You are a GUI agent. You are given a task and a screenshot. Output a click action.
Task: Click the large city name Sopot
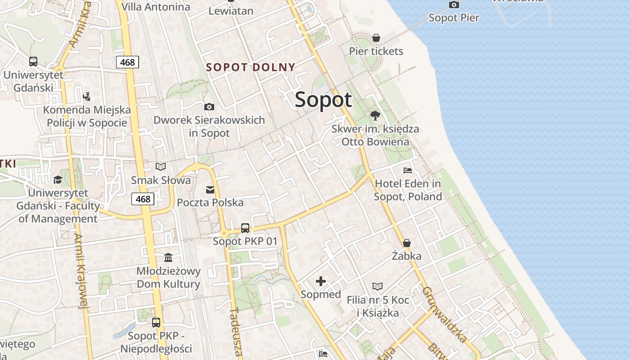point(323,99)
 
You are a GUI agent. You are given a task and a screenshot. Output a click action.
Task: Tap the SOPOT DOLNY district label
point(251,67)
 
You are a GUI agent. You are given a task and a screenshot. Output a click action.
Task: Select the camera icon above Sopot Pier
point(454,5)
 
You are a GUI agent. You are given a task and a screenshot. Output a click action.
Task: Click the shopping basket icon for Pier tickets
point(376,38)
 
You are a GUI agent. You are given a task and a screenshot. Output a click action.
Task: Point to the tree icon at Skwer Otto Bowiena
point(375,115)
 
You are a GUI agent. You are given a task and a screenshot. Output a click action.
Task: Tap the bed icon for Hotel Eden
point(408,171)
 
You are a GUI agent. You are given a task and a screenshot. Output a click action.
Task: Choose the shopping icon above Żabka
point(407,243)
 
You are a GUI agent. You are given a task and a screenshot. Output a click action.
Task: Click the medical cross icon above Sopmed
point(321,282)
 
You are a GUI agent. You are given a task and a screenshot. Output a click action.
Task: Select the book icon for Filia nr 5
point(378,286)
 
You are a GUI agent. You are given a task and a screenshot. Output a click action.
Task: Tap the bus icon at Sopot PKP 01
point(245,228)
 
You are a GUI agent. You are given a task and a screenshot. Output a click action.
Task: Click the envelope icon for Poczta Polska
point(210,189)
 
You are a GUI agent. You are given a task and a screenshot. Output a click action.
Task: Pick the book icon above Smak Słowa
point(161,167)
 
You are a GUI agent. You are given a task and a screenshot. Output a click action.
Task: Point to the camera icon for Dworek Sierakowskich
point(209,107)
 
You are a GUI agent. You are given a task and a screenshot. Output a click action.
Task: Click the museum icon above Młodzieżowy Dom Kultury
point(168,258)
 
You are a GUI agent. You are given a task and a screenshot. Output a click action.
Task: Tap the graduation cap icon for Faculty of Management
point(58,180)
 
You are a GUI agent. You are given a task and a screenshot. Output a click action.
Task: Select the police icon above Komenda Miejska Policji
point(87,96)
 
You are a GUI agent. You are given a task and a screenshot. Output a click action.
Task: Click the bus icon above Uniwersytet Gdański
point(33,62)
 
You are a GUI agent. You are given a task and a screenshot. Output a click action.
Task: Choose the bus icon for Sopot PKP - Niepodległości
point(156,323)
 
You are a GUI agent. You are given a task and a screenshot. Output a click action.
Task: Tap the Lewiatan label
point(231,11)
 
